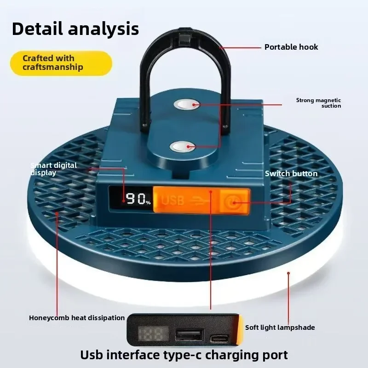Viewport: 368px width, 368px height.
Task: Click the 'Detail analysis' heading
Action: click(x=75, y=29)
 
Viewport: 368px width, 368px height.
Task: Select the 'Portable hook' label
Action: click(x=291, y=47)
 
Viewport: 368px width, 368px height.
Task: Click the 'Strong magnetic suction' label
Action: click(x=318, y=103)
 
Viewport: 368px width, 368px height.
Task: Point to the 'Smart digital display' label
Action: click(x=53, y=169)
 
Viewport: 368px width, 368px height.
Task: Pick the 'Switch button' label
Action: click(x=291, y=173)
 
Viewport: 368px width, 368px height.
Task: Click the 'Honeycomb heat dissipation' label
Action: click(x=77, y=318)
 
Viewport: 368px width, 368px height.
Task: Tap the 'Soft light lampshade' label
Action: click(x=280, y=328)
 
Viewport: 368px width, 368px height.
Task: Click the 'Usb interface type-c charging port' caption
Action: click(x=184, y=355)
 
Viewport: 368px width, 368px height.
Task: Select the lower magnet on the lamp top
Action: click(x=183, y=147)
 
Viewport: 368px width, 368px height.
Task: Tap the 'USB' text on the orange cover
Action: click(x=172, y=201)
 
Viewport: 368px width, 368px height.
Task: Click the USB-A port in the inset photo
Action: click(x=189, y=334)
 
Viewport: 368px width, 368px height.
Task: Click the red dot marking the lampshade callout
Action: click(x=288, y=273)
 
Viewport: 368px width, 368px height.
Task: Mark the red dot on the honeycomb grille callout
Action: click(x=57, y=212)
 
